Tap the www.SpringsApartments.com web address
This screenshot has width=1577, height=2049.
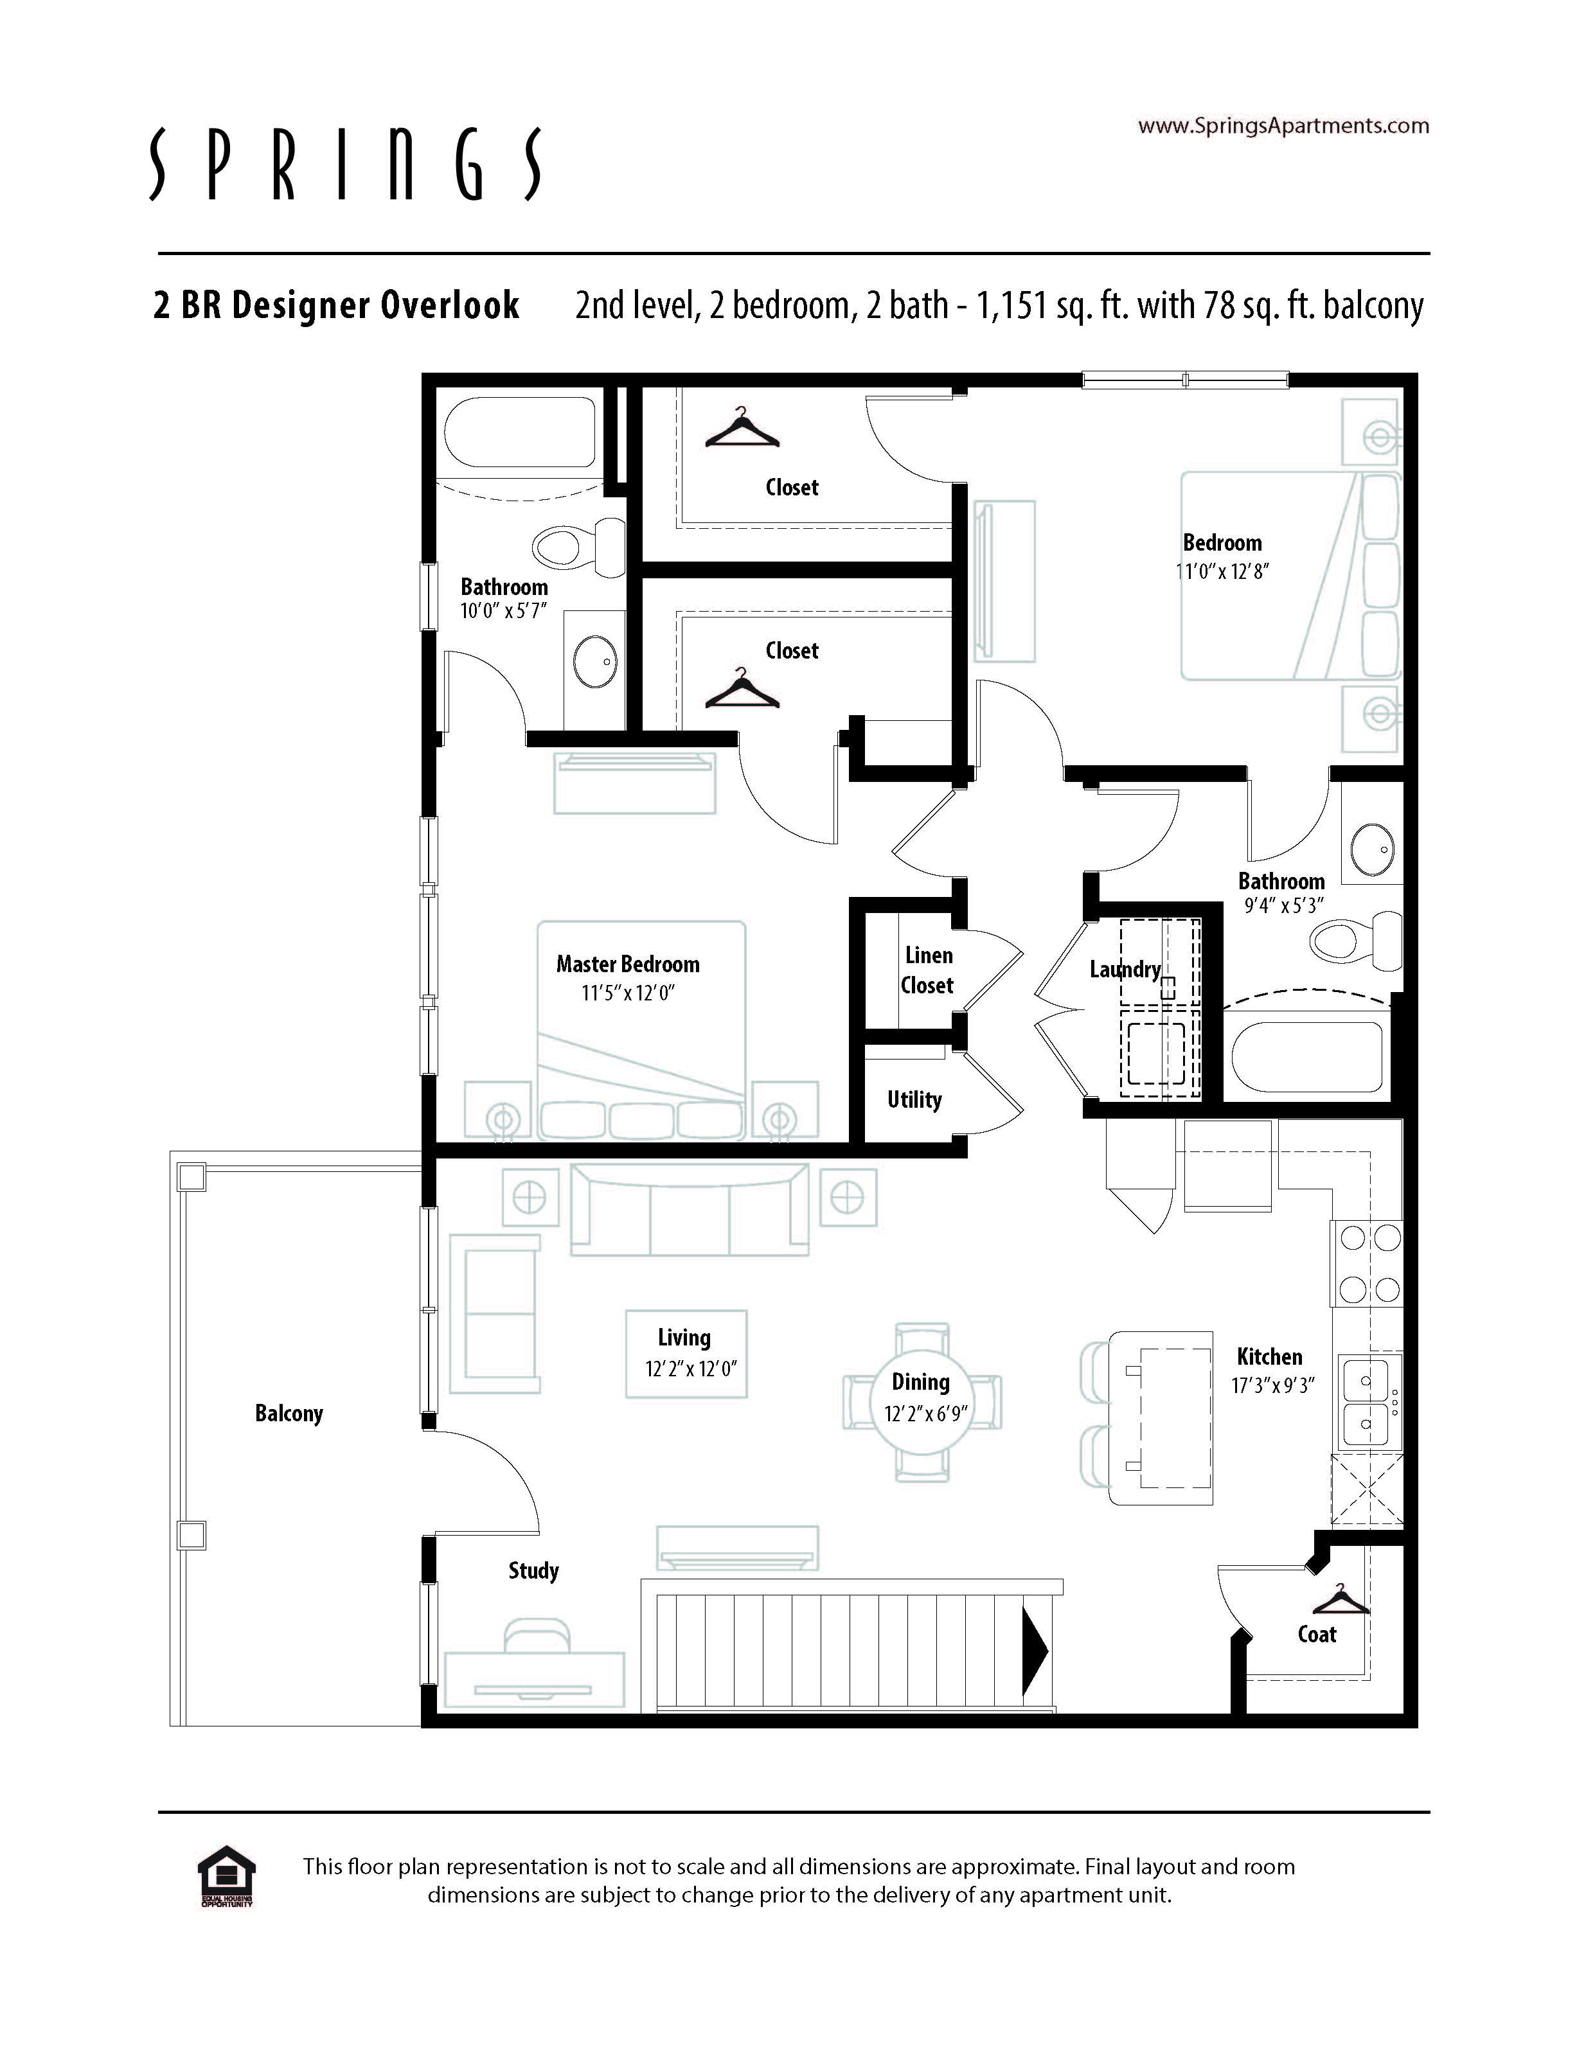pyautogui.click(x=1283, y=126)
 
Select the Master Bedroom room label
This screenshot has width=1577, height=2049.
pyautogui.click(x=628, y=964)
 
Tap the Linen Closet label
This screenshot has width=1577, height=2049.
pyautogui.click(x=928, y=970)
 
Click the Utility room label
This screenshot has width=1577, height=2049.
pyautogui.click(x=914, y=1099)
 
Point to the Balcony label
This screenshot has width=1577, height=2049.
pyautogui.click(x=289, y=1413)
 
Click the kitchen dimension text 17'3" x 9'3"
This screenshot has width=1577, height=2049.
pyautogui.click(x=1273, y=1385)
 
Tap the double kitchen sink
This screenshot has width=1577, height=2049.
pyautogui.click(x=1367, y=1403)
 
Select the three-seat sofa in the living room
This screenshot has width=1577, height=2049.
pyautogui.click(x=690, y=1209)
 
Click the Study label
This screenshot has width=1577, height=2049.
pyautogui.click(x=534, y=1570)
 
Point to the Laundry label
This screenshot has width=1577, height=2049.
pyautogui.click(x=1125, y=969)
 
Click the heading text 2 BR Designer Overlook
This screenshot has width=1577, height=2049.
pyautogui.click(x=336, y=305)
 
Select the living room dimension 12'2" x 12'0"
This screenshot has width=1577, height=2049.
pyautogui.click(x=690, y=1369)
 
